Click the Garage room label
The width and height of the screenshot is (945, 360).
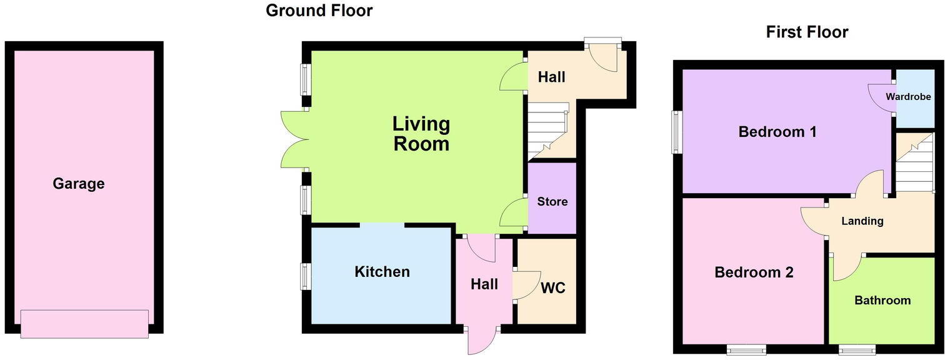(x=78, y=184)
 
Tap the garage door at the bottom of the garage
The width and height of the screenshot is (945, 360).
(x=84, y=324)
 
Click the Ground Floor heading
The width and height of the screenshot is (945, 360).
(x=319, y=11)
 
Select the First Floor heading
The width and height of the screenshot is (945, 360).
(x=807, y=32)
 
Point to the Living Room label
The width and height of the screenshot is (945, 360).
(x=421, y=134)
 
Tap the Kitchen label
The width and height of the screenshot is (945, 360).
(x=382, y=272)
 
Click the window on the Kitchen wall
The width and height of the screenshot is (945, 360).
(x=306, y=276)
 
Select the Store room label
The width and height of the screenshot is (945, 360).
(x=552, y=201)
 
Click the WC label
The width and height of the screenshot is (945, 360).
(x=552, y=288)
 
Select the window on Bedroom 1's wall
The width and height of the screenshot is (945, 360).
(x=676, y=132)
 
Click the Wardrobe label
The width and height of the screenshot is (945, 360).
(x=908, y=97)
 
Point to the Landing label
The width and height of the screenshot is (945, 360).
(x=862, y=221)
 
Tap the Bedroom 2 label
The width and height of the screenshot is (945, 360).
(x=754, y=272)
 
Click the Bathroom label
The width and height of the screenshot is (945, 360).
(x=882, y=301)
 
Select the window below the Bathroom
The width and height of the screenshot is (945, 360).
(x=856, y=349)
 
